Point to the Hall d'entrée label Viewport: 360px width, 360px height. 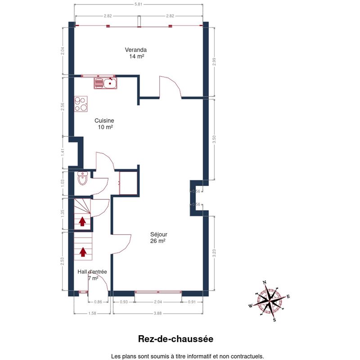[92, 272]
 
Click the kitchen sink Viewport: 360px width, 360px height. [105, 83]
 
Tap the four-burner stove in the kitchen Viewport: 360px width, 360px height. [81, 104]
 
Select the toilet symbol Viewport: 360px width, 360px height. [82, 178]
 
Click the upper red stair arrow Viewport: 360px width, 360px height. [82, 221]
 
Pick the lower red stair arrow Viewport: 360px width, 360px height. [83, 252]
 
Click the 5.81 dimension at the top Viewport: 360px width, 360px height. [138, 4]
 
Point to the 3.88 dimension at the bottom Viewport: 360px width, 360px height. [158, 313]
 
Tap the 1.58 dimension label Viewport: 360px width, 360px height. [92, 313]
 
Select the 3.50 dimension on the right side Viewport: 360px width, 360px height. [214, 139]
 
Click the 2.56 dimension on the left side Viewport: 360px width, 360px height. [63, 107]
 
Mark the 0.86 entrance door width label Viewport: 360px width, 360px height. [98, 302]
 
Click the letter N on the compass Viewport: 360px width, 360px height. [264, 283]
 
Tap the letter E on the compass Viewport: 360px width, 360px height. [288, 297]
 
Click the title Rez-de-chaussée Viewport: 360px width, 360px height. [175, 339]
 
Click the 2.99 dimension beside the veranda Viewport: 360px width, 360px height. [214, 62]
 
